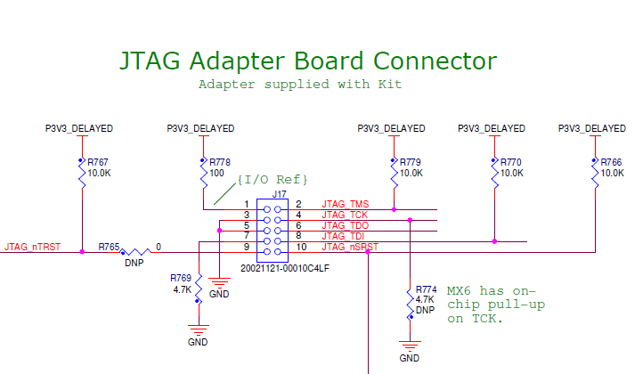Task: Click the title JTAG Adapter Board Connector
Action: [308, 61]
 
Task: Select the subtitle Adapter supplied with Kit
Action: [299, 85]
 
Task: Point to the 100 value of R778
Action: [217, 174]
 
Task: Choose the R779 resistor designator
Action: [411, 163]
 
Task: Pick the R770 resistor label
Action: [511, 163]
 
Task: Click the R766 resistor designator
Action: [612, 163]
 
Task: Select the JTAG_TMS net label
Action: [346, 205]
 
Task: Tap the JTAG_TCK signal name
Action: [345, 215]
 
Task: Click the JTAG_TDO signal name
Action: [346, 226]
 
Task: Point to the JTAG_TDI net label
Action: [344, 237]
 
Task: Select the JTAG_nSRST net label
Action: [350, 248]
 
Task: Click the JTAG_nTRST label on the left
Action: [32, 247]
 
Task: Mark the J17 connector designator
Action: [280, 193]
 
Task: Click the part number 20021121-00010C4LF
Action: [285, 267]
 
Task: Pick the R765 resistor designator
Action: [110, 246]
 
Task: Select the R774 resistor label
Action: [427, 290]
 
